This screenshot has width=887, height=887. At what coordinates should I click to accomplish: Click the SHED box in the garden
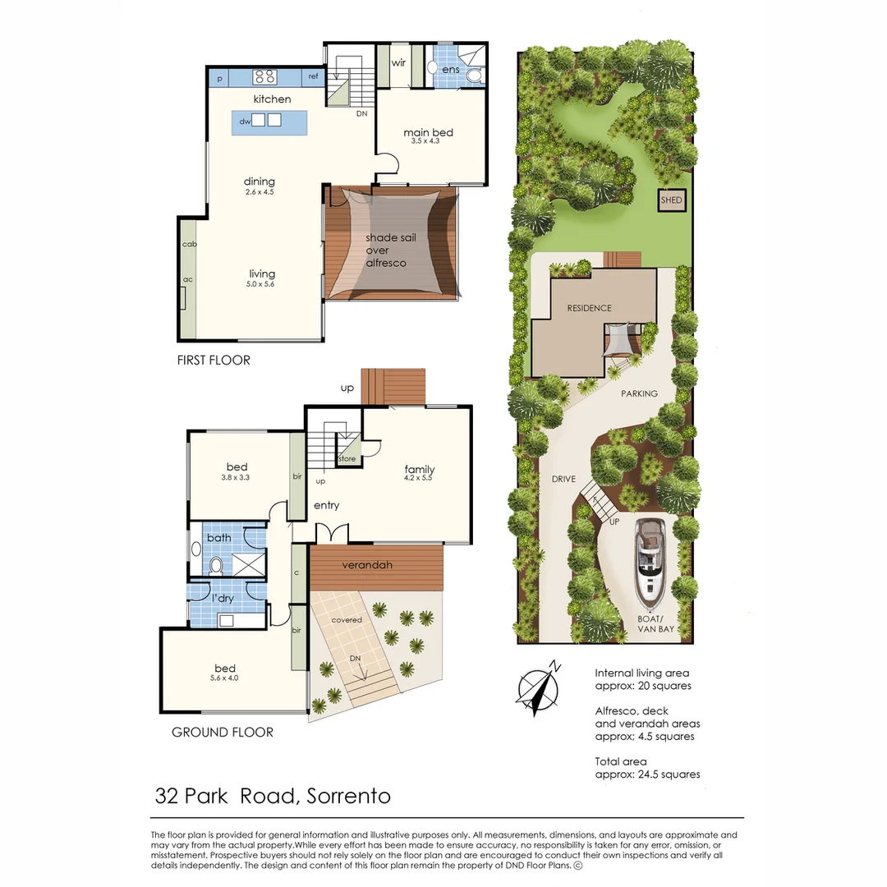pos(671,200)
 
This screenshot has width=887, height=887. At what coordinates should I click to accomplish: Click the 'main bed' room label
pos(428,132)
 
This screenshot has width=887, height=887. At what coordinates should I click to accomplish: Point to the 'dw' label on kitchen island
pos(244,122)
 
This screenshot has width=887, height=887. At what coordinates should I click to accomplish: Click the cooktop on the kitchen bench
pos(264,77)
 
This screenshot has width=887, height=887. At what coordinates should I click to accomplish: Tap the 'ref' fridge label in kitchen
pos(313,77)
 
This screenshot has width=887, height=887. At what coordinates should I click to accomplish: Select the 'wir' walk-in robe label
pos(399,62)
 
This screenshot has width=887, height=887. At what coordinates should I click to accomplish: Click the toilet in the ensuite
pos(474,76)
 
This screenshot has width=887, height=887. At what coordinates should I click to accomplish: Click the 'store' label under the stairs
pos(347,459)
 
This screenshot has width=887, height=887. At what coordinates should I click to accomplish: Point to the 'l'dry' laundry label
pos(222,599)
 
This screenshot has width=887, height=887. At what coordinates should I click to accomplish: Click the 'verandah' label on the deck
pos(367,565)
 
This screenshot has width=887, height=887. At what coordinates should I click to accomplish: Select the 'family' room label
pos(419,470)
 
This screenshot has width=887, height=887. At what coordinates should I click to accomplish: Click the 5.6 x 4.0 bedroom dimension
pos(224,678)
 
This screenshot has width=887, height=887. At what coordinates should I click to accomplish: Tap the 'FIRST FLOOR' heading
pos(214,360)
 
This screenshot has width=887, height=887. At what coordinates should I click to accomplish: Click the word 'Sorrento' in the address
pos(347,796)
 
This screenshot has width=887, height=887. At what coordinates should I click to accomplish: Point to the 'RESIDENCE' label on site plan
pos(589,308)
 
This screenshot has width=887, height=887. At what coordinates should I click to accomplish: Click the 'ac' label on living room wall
pos(188,279)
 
